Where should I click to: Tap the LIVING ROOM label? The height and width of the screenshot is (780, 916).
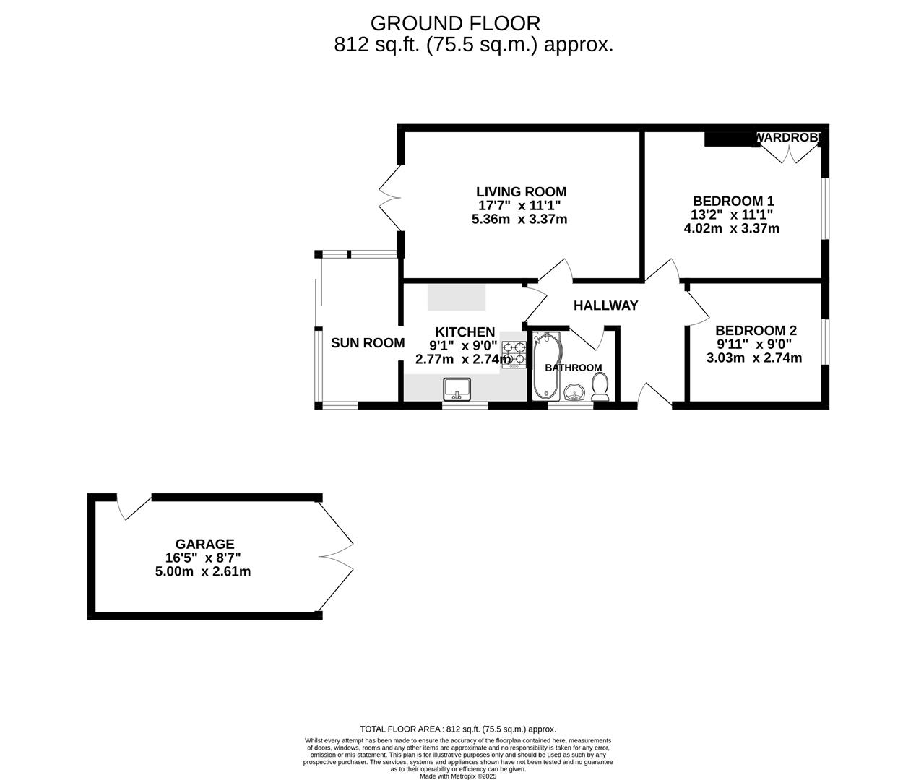(521, 191)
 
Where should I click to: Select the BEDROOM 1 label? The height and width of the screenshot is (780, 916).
(733, 201)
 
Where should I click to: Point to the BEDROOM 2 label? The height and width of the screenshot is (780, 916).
(755, 330)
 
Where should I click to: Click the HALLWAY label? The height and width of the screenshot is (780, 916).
(605, 305)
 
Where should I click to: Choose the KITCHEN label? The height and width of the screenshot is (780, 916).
(465, 331)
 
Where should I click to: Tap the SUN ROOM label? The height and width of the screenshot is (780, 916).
(367, 343)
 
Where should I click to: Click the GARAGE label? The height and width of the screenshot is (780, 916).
(204, 544)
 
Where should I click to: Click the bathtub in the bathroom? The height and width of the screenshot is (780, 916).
(546, 367)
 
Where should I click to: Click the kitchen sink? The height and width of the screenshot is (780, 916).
(457, 389)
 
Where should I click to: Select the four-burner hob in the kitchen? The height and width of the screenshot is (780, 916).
(514, 354)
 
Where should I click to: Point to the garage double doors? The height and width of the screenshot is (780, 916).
(337, 556)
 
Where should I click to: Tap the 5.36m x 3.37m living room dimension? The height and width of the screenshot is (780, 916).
(519, 219)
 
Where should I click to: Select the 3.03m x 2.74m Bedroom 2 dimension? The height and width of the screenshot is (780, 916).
(753, 357)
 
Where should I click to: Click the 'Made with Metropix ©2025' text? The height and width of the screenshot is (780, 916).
(457, 776)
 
